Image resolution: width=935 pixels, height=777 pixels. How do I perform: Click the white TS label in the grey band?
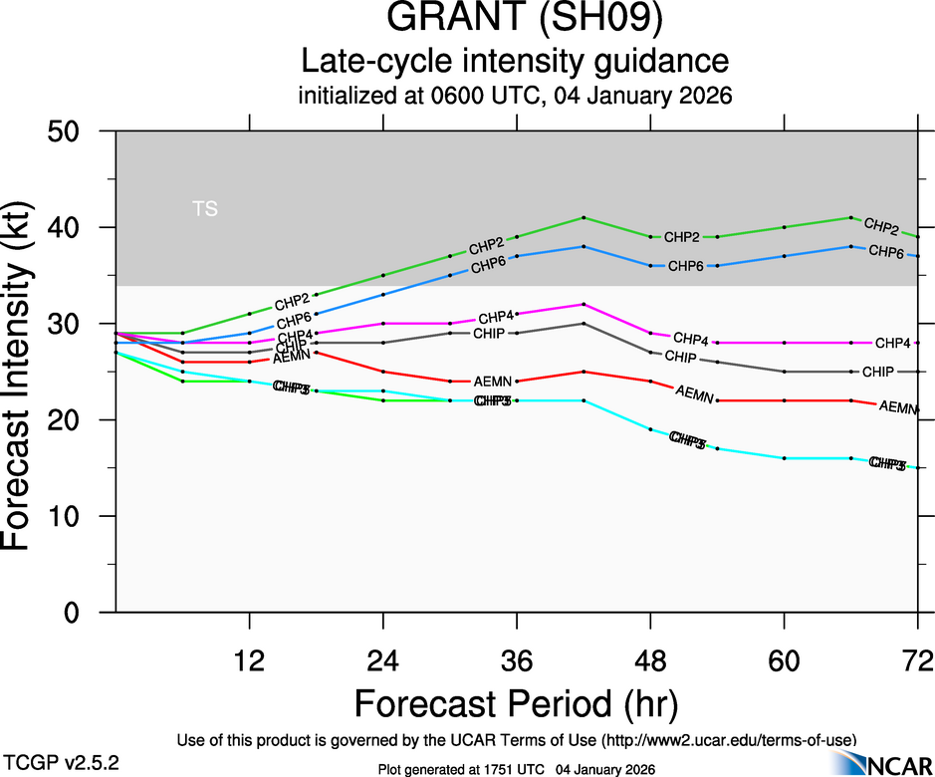coord(205,209)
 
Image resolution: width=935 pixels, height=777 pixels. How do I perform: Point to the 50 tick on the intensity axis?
coord(83,131)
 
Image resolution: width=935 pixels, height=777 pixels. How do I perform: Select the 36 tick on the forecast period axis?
coord(517,659)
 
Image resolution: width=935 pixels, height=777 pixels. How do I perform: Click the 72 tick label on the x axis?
coord(917,659)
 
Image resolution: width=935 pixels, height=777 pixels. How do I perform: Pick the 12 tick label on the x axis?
coord(249,659)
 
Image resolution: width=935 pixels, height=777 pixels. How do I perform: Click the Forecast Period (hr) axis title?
coord(516,702)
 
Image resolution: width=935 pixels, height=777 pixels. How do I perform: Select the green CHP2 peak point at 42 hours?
coord(584,217)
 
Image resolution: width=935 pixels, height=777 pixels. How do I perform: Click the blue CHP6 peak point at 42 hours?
coord(584,246)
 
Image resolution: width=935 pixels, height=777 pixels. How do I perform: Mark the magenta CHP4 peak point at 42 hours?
coord(584,304)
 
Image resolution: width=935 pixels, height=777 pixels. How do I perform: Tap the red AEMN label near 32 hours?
coord(493,382)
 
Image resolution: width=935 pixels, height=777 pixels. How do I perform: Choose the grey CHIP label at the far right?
coord(877,372)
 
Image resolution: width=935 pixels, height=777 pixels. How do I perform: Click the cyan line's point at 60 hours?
coord(785,458)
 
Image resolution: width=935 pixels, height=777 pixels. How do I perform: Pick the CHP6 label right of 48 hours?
coord(685,266)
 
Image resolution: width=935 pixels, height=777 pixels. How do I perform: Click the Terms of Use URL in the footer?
coord(727,740)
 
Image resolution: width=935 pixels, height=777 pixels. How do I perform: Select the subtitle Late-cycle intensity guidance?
coord(516,62)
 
